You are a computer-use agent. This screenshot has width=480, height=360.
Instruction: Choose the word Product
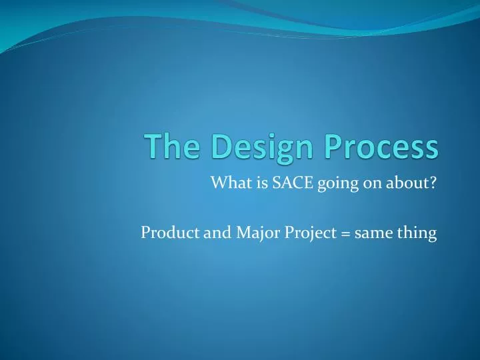[x=165, y=233]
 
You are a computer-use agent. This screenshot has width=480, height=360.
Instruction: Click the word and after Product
[x=204, y=233]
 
